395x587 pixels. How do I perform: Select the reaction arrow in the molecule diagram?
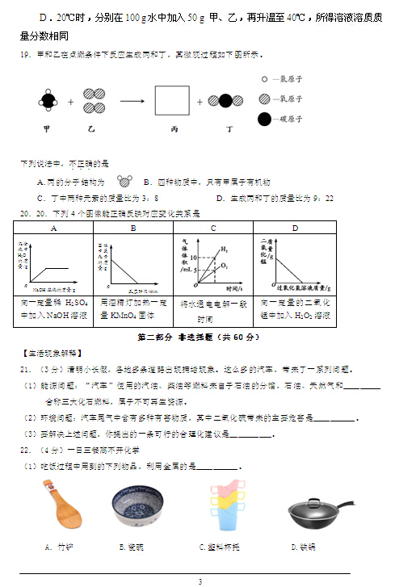(x=132, y=101)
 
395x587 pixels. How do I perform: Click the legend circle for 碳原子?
(x=264, y=119)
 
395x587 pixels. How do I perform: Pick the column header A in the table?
(x=54, y=228)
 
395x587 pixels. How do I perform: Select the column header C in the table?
(x=213, y=228)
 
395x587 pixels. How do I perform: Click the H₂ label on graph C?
(x=224, y=249)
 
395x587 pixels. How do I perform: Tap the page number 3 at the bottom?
(x=199, y=581)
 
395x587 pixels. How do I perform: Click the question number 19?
(x=24, y=55)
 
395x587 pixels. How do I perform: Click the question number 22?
(x=25, y=450)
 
